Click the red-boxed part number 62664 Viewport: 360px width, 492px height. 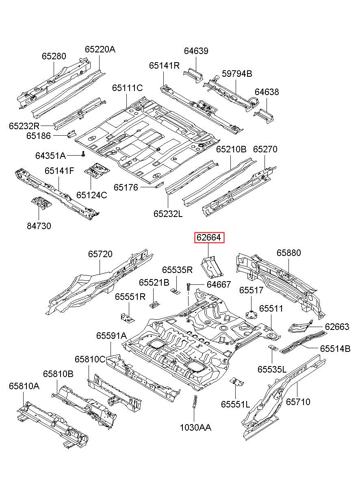(209, 237)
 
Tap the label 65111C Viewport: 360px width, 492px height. (128, 88)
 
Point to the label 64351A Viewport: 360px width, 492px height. (50, 156)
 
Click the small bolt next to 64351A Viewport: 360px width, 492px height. (83, 154)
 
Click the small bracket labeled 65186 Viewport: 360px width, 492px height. (71, 134)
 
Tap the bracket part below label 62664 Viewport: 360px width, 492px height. (212, 267)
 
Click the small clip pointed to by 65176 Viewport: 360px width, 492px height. (159, 185)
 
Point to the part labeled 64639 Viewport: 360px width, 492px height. (193, 75)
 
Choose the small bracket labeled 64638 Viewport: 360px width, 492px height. (264, 116)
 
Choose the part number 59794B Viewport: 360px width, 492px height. (237, 74)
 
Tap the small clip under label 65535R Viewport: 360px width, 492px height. (176, 292)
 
